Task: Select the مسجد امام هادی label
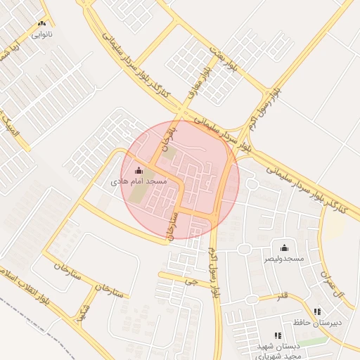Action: [x=139, y=182]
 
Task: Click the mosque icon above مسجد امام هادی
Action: [x=138, y=170]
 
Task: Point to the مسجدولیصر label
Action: [x=284, y=259]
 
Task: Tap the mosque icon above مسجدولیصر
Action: [x=284, y=247]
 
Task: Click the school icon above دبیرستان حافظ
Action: [x=316, y=311]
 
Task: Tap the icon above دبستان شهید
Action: [x=278, y=335]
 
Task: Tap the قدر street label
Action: [x=283, y=294]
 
